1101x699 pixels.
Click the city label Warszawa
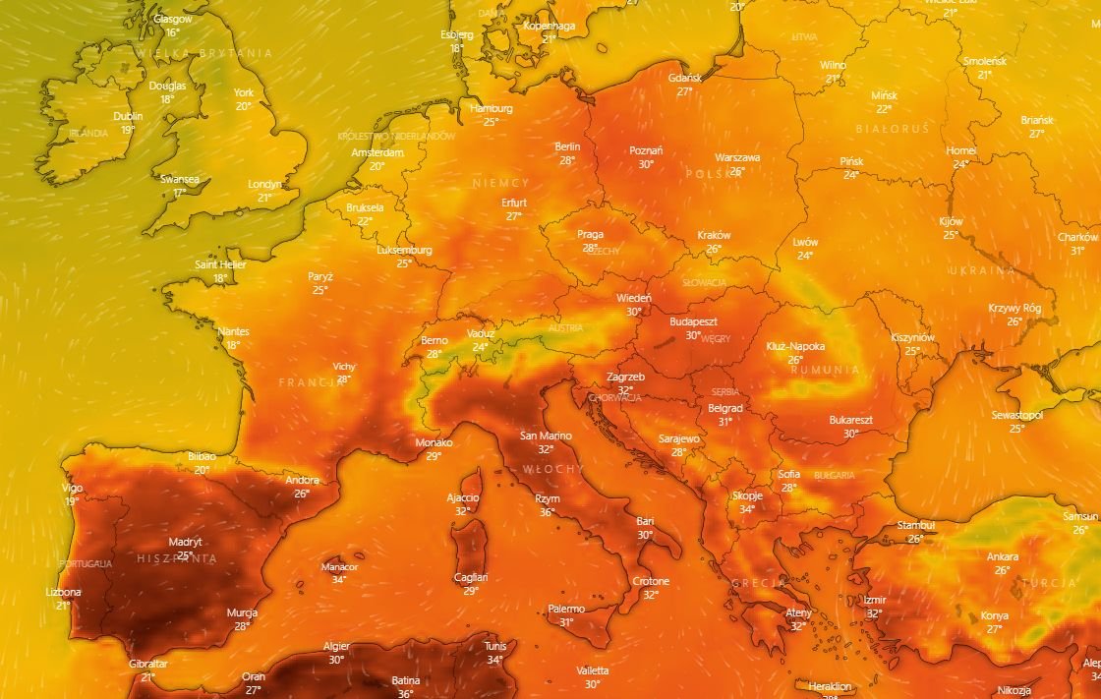pos(737,157)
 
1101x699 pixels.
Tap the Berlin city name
pos(567,146)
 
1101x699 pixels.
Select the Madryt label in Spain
pos(185,542)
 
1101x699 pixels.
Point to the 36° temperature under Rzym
pos(548,512)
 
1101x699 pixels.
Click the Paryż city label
pos(320,277)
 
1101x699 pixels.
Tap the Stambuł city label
pos(915,526)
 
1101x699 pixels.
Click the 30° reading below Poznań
pos(646,164)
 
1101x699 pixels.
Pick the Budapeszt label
pos(693,321)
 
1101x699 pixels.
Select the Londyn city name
pos(264,184)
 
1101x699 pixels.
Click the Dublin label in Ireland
pos(128,116)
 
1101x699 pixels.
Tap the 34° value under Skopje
pos(747,509)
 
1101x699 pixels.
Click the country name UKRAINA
pos(981,270)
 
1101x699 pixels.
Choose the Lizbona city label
pos(64,593)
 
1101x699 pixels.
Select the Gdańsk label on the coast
pos(684,78)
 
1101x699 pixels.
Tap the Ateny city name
pos(798,613)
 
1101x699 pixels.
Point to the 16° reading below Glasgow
pos(172,32)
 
